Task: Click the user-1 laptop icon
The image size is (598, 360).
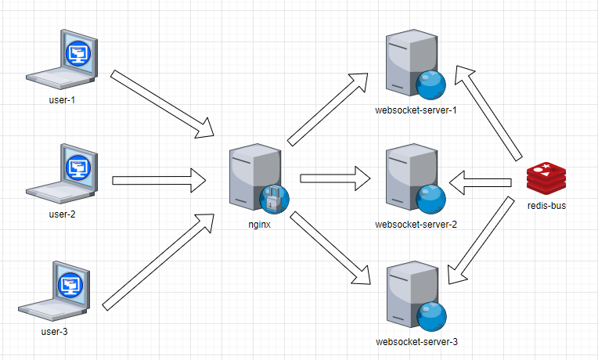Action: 63,59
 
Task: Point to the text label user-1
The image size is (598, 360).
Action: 61,100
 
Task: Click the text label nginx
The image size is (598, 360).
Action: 260,225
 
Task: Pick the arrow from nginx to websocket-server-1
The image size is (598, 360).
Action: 328,109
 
